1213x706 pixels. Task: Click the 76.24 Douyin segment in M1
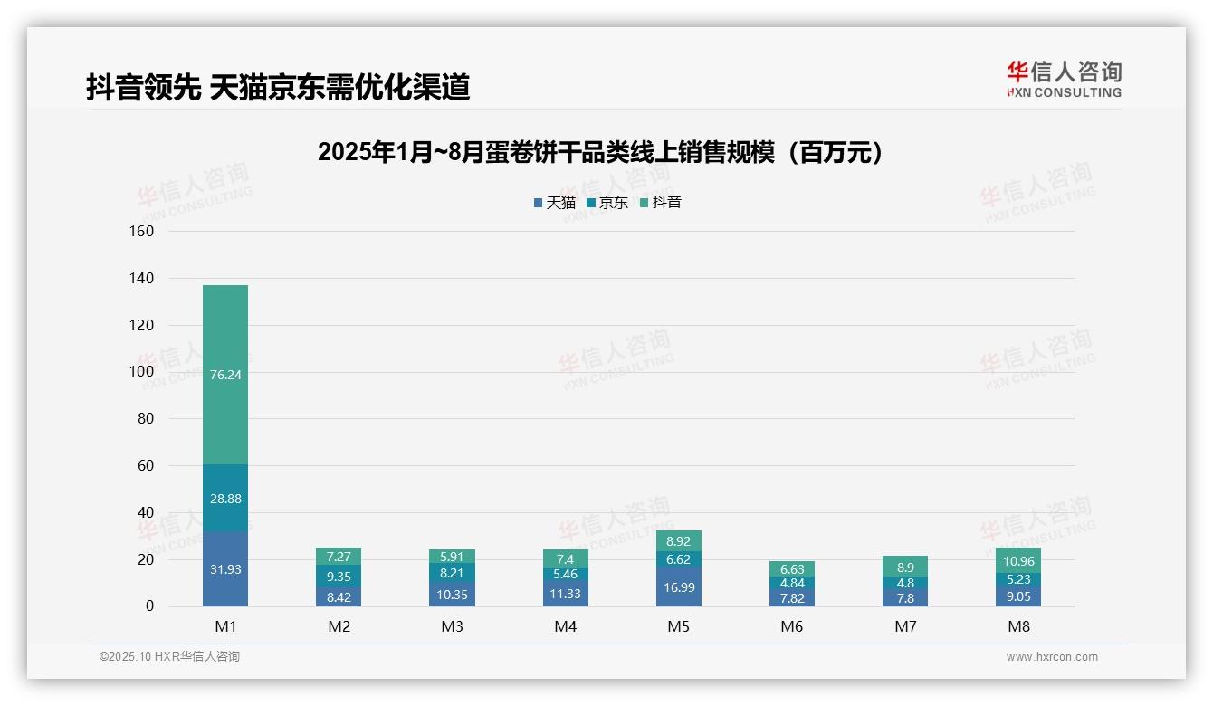[225, 375]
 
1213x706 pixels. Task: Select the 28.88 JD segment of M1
[225, 498]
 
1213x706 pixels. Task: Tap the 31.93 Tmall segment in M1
[225, 568]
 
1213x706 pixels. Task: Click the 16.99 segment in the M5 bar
[678, 587]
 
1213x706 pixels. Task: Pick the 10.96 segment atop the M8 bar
[1018, 560]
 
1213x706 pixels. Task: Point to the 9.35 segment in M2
[339, 576]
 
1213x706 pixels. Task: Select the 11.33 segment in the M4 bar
[565, 593]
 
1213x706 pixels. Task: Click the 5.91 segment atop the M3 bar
[452, 557]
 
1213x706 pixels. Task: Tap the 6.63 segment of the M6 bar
[791, 568]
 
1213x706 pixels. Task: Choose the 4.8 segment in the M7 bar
[904, 582]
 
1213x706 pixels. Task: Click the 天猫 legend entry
[555, 203]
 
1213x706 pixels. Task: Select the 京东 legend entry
[607, 203]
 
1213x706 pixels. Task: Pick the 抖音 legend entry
[661, 203]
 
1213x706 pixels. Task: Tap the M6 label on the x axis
[791, 626]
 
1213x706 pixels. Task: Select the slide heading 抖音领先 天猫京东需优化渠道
[278, 87]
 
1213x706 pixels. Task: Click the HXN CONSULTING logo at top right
[1064, 80]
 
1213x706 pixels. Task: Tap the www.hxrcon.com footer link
[1052, 657]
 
